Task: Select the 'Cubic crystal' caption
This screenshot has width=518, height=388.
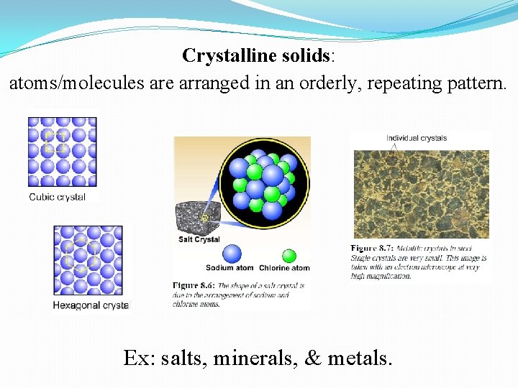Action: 58,197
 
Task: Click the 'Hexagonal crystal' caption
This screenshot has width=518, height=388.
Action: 91,305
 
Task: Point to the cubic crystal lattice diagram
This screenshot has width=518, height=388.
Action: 62,152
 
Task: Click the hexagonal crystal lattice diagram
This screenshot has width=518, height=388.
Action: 88,260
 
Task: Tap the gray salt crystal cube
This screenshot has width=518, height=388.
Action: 194,218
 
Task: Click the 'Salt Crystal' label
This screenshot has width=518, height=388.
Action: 199,239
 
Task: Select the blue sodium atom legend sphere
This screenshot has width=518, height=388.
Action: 232,254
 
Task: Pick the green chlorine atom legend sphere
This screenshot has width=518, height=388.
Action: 289,256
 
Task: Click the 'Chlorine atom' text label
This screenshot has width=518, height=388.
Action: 284,269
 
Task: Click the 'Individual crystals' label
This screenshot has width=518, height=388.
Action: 417,138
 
